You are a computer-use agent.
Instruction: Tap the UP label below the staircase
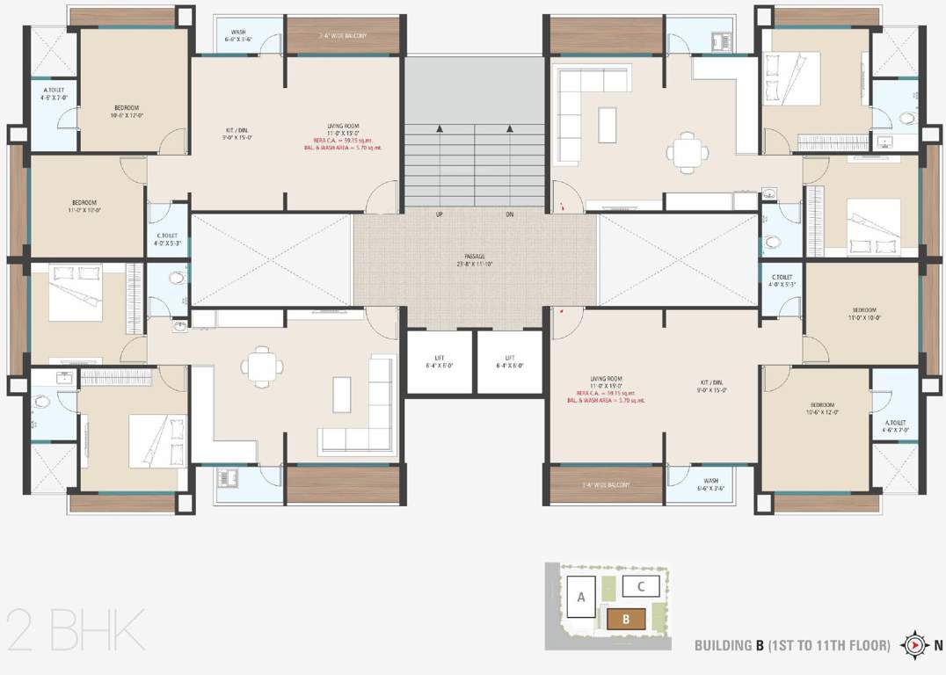coord(439,214)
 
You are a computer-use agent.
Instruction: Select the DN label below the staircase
coord(510,214)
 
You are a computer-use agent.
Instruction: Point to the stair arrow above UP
coord(439,130)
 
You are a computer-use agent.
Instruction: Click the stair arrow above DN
coord(510,130)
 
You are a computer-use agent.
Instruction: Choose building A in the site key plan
coord(581,598)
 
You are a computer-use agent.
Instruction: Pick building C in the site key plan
coord(642,585)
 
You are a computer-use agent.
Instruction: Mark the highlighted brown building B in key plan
coord(626,619)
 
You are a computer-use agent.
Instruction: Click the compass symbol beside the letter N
coord(915,645)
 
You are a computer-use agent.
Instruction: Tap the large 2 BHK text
coord(75,629)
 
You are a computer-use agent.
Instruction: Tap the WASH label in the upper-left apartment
coord(238,33)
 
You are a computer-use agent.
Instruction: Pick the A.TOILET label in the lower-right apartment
coord(895,422)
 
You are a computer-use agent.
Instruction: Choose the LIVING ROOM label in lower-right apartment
coord(607,379)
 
